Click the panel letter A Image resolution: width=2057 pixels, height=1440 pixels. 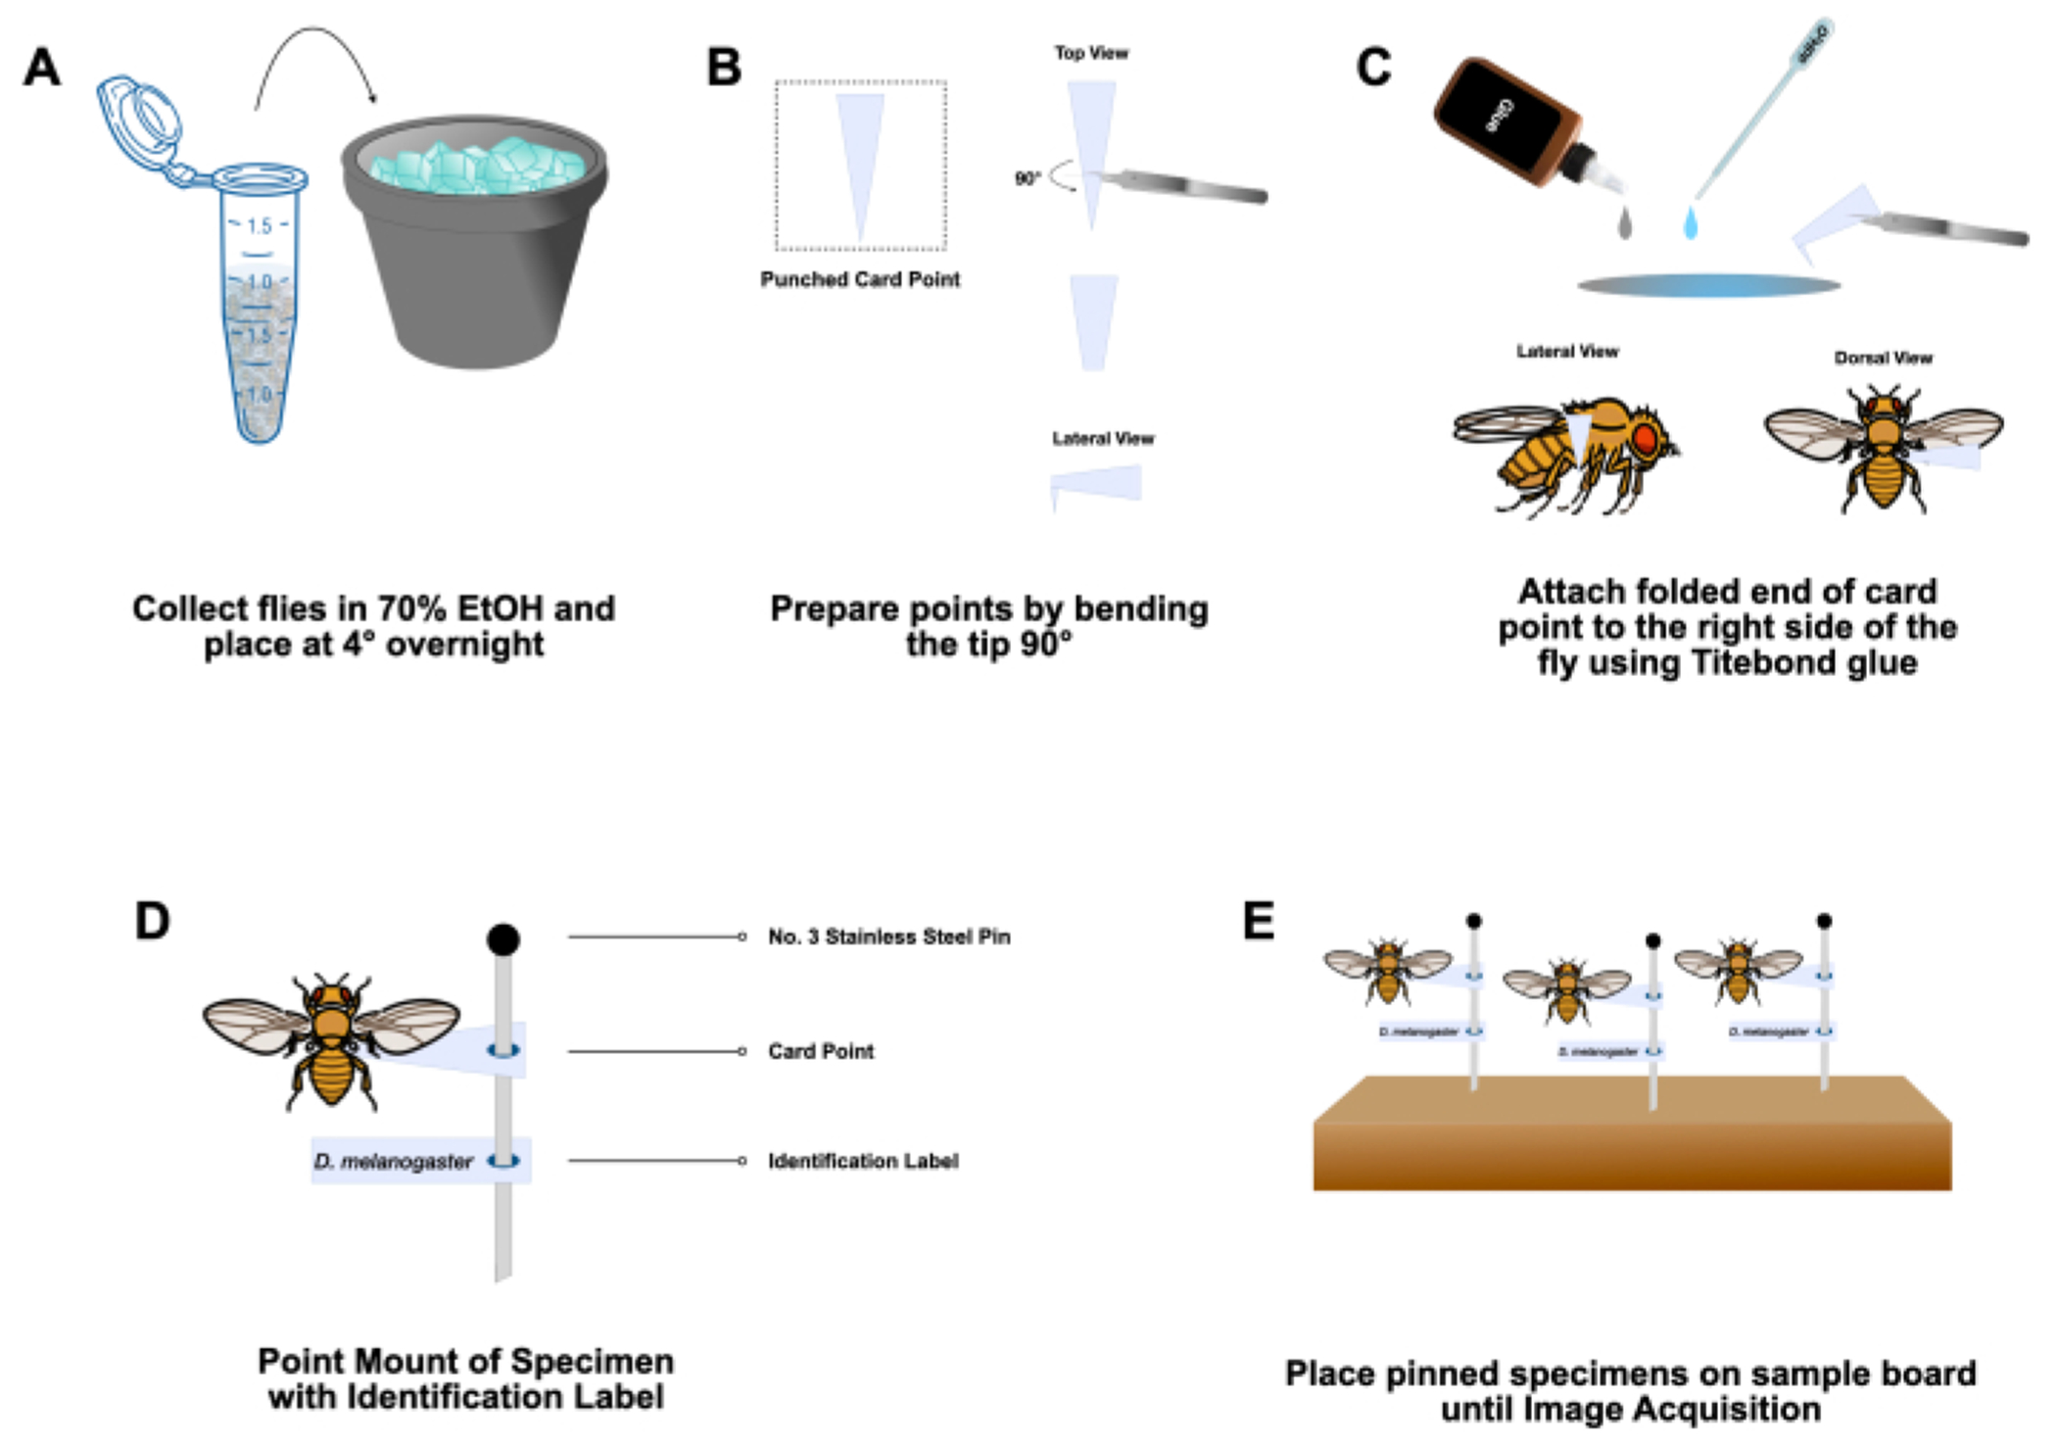[42, 68]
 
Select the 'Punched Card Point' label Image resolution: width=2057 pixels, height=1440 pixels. [860, 280]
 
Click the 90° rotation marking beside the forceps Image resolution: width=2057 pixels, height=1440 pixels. [1027, 178]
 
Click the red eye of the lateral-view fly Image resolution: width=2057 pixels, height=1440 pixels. [1646, 438]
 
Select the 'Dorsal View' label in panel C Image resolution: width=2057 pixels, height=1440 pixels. [1883, 359]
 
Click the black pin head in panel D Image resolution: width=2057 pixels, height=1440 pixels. [503, 939]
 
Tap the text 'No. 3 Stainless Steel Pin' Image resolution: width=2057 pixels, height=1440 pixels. [888, 937]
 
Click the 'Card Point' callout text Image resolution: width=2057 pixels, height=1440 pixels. [821, 1052]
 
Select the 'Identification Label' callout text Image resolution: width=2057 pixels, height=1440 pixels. [863, 1162]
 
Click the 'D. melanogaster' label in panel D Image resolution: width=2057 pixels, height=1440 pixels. [394, 1162]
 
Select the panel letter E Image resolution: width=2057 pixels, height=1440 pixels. [1259, 922]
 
